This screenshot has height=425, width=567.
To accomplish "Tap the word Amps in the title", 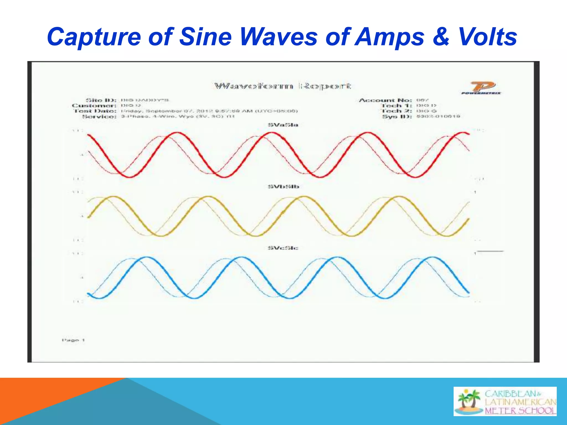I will click(389, 37).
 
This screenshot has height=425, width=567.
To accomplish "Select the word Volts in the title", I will click(487, 37).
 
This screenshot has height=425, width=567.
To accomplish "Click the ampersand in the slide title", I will click(441, 37).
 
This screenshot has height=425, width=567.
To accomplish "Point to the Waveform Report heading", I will click(283, 86).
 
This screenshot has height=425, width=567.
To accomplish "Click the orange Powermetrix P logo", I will click(482, 87).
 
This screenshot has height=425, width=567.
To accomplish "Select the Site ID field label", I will click(101, 100).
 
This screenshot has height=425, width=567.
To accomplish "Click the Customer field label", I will click(94, 106).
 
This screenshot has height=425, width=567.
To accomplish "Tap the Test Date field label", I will click(95, 111).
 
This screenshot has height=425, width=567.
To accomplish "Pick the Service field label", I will click(99, 116).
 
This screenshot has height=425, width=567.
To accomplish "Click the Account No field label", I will click(385, 100).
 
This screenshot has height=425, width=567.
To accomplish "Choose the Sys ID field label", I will click(397, 116).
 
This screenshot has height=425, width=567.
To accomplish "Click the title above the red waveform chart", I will click(283, 125).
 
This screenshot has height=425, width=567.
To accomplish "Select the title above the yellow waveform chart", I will click(283, 186).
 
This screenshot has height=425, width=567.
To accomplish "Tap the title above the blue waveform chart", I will click(283, 248).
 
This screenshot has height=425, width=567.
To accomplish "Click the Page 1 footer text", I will click(73, 340).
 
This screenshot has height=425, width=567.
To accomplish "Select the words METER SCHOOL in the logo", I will click(520, 410).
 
